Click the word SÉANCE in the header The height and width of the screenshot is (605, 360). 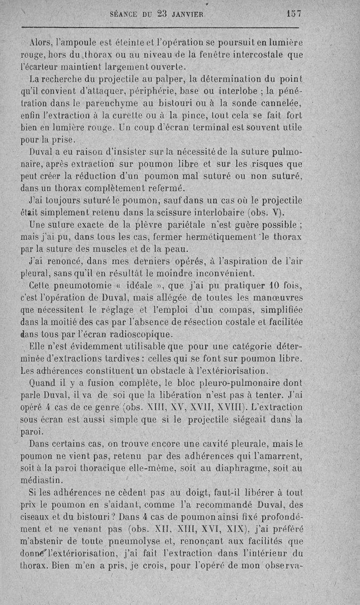(x=123, y=14)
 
